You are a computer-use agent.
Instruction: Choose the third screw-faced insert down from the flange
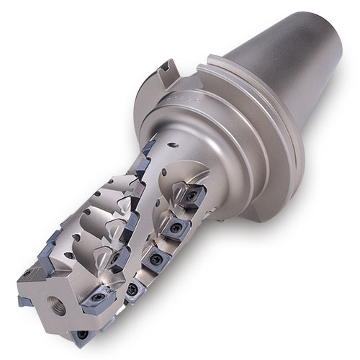tap(153, 261)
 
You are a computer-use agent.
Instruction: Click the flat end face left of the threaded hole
tap(36, 302)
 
